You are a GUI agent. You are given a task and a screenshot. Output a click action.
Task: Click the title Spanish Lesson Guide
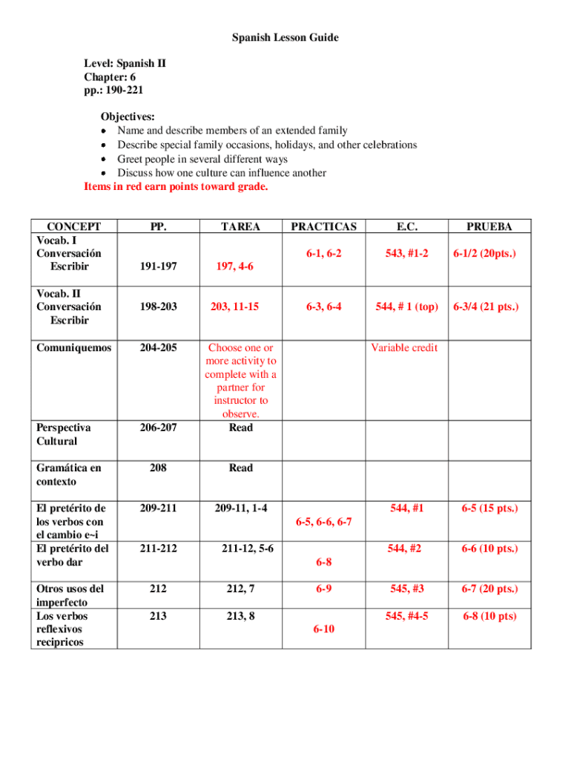click(x=285, y=37)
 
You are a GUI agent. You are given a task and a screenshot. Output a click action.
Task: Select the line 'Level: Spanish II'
click(x=125, y=64)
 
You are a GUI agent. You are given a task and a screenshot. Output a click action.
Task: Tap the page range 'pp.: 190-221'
click(x=113, y=91)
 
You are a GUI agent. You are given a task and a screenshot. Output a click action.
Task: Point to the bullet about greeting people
click(x=202, y=159)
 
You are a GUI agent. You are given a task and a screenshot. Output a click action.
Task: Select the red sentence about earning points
click(x=176, y=187)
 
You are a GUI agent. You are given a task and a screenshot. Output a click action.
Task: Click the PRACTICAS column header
click(x=323, y=226)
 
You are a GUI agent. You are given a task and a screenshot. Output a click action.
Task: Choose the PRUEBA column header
click(x=489, y=226)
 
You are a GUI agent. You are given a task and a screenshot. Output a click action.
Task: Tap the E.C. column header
click(x=406, y=226)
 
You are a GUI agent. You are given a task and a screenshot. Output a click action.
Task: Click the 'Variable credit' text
click(x=404, y=347)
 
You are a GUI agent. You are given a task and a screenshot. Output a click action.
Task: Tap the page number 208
click(x=157, y=468)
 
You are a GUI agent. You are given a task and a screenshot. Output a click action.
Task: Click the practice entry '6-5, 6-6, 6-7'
click(x=323, y=522)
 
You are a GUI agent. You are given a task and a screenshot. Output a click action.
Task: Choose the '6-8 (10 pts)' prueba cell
click(x=489, y=616)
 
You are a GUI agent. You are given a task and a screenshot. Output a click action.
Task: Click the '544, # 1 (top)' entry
click(x=406, y=307)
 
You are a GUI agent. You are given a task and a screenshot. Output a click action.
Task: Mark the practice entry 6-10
click(x=323, y=629)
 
